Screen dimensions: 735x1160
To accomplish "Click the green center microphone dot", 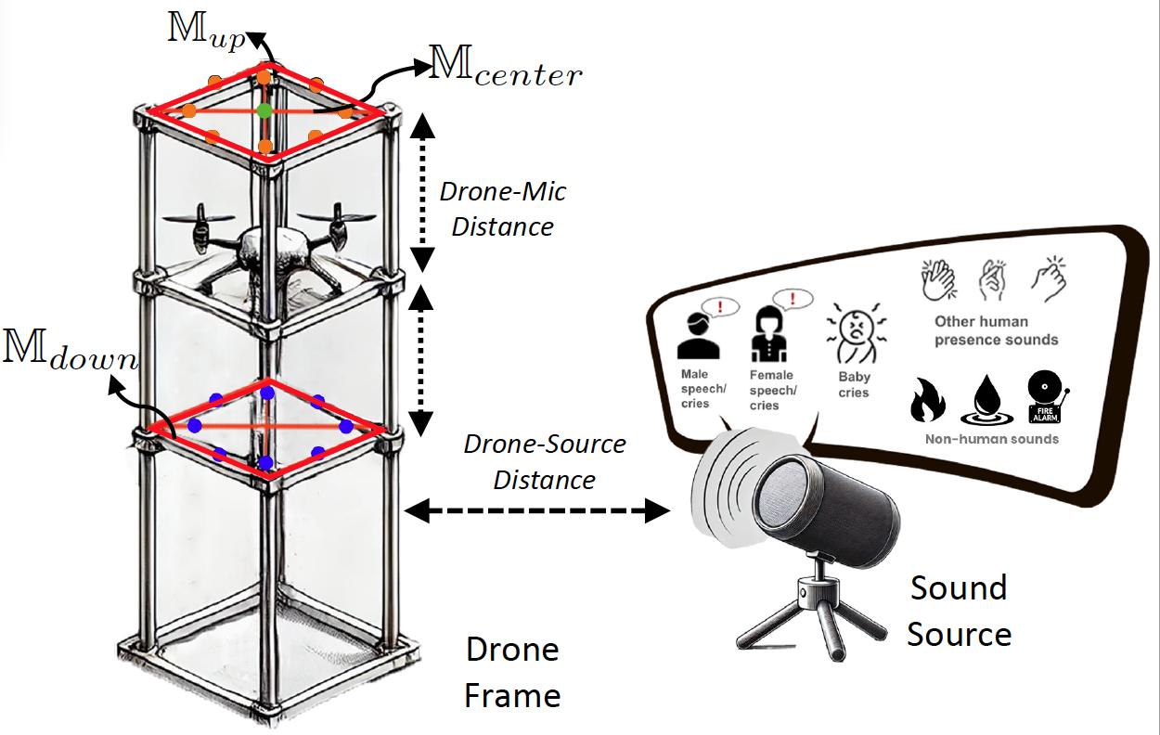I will coord(265,110).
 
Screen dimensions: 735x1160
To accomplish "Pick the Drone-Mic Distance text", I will coord(502,209).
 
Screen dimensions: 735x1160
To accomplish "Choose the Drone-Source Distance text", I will coord(545,461).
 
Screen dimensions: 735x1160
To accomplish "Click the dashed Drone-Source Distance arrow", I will coord(537,509).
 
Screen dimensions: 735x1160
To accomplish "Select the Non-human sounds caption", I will coord(991,439).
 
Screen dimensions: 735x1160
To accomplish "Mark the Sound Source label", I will coord(959,611).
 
